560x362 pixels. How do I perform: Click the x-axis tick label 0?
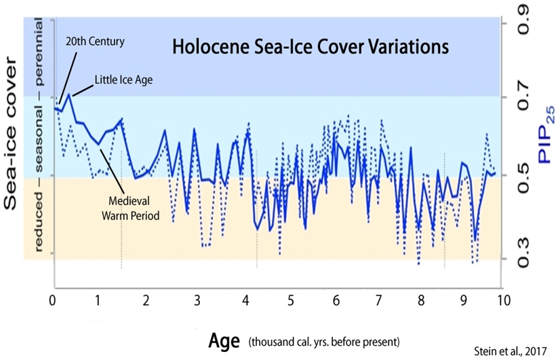pos(53,300)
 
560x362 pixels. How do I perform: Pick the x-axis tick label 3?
pos(197,300)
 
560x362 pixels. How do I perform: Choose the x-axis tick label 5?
pos(290,300)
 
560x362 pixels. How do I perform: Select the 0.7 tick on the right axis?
pos(524,99)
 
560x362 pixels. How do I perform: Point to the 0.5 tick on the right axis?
pos(524,178)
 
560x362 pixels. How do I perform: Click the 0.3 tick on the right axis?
pos(524,259)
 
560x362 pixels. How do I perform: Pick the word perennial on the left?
pos(39,48)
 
